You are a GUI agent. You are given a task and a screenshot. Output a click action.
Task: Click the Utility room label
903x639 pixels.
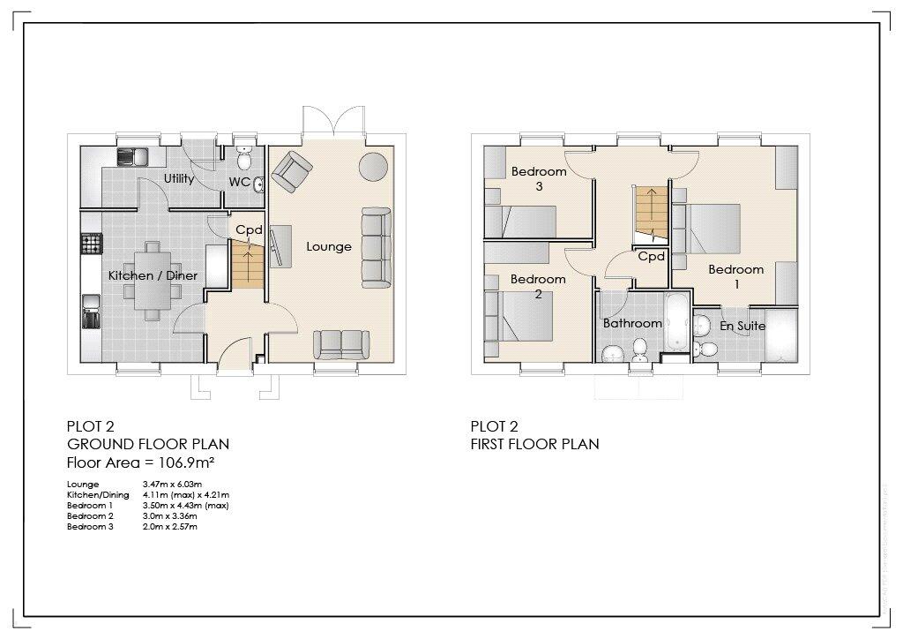(179, 179)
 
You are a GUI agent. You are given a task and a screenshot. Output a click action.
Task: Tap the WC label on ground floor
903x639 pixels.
(238, 182)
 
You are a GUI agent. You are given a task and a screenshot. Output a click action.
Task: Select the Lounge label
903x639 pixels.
(329, 247)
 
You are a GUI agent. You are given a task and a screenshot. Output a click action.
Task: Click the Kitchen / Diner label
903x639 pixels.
(153, 276)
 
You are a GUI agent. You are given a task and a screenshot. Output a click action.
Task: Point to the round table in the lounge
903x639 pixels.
(373, 166)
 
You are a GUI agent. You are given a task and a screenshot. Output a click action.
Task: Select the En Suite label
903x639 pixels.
(743, 326)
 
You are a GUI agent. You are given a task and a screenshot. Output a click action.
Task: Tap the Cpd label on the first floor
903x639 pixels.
(651, 257)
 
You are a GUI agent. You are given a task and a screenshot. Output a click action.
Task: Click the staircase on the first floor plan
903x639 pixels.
(650, 212)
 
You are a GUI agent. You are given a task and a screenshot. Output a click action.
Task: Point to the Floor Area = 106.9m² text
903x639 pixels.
(142, 462)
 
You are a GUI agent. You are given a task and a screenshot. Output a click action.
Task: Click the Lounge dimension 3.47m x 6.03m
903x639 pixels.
(173, 485)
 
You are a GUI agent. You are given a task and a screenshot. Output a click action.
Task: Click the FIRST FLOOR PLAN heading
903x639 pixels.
(534, 444)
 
